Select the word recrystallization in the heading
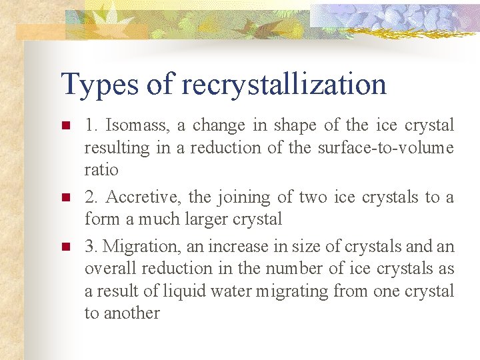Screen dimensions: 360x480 coord(283,85)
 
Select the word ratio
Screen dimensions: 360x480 coord(101,169)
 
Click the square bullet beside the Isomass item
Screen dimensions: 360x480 coord(65,125)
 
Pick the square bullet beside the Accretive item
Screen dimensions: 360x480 coord(65,197)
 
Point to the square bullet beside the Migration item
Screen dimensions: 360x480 coord(65,247)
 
